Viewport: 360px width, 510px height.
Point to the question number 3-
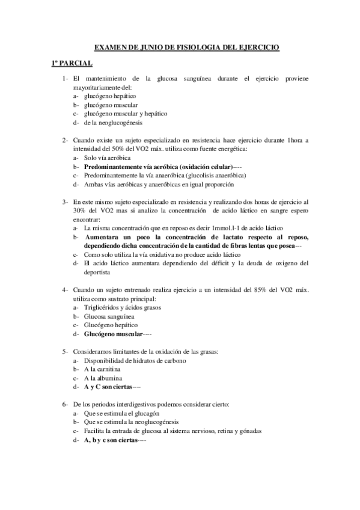pyautogui.click(x=64, y=202)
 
